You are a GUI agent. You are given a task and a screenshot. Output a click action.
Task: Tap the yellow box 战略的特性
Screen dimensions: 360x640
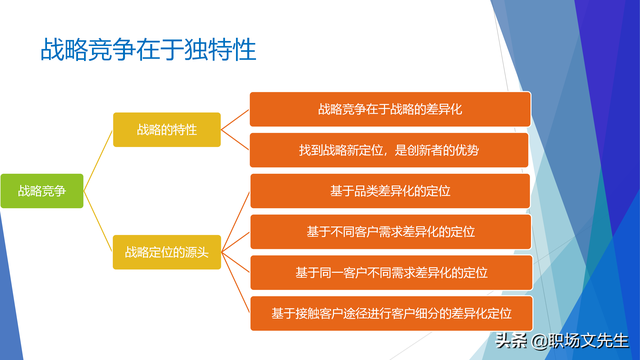coord(166,130)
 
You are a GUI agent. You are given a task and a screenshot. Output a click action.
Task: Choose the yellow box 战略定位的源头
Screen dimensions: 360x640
coord(166,251)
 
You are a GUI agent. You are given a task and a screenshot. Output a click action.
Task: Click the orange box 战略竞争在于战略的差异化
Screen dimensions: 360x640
coord(389,108)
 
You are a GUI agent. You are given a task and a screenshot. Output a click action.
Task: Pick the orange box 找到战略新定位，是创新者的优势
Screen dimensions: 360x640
coord(389,150)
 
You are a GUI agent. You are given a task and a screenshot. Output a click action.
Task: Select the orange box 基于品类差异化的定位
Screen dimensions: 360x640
coord(389,191)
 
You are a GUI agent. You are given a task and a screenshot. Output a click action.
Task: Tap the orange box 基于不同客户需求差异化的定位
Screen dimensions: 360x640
coord(389,231)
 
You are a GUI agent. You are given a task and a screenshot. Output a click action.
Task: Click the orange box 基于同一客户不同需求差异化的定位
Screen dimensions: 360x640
coord(389,272)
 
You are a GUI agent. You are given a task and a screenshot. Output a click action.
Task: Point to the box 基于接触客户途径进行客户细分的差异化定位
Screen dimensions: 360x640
coord(389,313)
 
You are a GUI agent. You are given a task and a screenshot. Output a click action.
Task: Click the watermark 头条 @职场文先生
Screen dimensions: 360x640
coord(559,341)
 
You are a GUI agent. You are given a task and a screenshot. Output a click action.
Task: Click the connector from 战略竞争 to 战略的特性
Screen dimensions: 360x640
coord(98,160)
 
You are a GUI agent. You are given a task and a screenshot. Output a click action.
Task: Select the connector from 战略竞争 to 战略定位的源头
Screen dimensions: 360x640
coord(98,221)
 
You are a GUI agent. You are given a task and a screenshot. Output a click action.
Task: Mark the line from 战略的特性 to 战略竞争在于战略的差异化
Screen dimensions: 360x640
coord(235,119)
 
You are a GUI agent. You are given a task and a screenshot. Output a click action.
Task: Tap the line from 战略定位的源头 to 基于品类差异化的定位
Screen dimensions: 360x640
coord(235,221)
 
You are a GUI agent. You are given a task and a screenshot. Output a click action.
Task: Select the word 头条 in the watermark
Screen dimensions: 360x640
coord(512,341)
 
